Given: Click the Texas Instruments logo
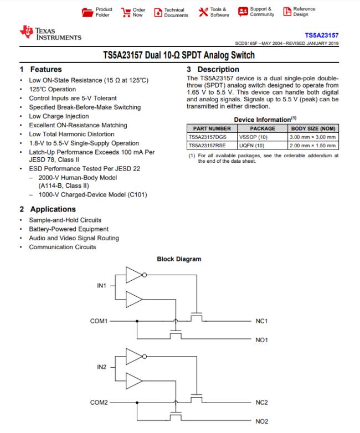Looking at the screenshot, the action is point(50,33).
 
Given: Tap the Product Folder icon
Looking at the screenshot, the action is point(88,12).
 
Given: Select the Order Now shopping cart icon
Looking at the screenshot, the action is point(126,12).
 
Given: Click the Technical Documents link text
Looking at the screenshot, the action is point(176,12).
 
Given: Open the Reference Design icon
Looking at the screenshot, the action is point(287,11).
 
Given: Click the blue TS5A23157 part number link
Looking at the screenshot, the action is point(322,35).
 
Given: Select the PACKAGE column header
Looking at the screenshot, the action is point(263,128).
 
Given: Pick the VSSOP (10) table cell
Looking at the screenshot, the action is point(253,137).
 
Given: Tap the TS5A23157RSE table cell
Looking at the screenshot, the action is point(207,145).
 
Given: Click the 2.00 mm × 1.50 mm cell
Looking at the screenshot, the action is point(312,145).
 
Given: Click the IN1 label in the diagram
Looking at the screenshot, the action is point(101,286).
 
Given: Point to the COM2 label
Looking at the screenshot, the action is point(99,403).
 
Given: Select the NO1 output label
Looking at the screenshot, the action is point(261,340).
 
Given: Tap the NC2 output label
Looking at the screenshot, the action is point(261,403).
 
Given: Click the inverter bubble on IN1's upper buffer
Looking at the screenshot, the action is point(144,275).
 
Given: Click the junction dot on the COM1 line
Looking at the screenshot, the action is point(137,321).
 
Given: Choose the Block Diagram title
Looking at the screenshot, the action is point(179,259).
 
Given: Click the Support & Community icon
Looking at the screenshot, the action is point(243,12).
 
